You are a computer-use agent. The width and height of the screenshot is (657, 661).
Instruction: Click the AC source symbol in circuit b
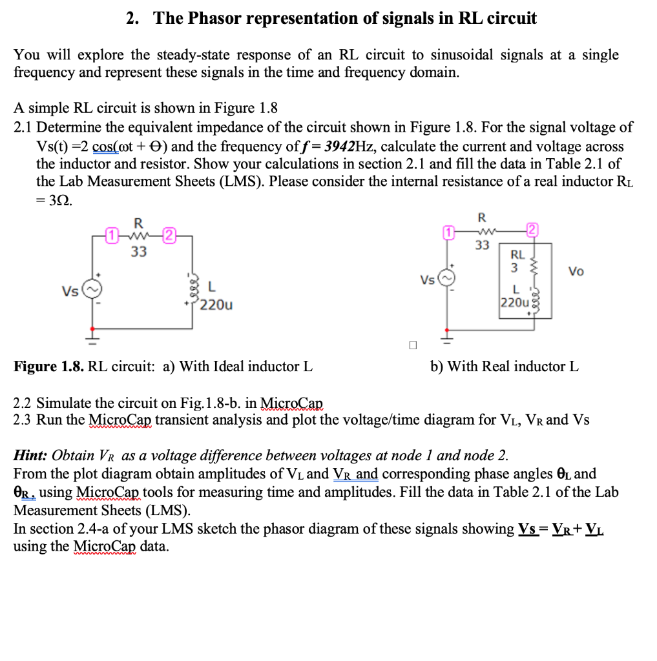[444, 279]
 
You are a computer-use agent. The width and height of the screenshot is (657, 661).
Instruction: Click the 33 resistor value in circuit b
[482, 245]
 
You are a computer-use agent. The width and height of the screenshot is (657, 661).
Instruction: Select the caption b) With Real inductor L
[505, 367]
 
